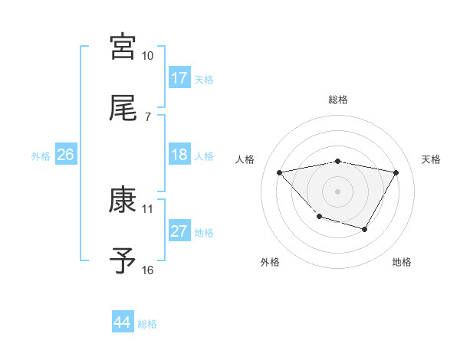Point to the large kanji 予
123,261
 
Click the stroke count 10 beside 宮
148,56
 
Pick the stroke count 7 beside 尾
148,116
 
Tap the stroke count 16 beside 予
148,270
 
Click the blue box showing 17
179,77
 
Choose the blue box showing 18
179,155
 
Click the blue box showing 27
179,231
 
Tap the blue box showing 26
65,155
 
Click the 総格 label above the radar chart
338,100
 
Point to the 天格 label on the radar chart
431,159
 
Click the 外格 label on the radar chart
270,262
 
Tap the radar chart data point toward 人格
280,172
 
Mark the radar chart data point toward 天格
396,172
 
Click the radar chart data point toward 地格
365,229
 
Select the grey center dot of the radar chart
338,191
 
